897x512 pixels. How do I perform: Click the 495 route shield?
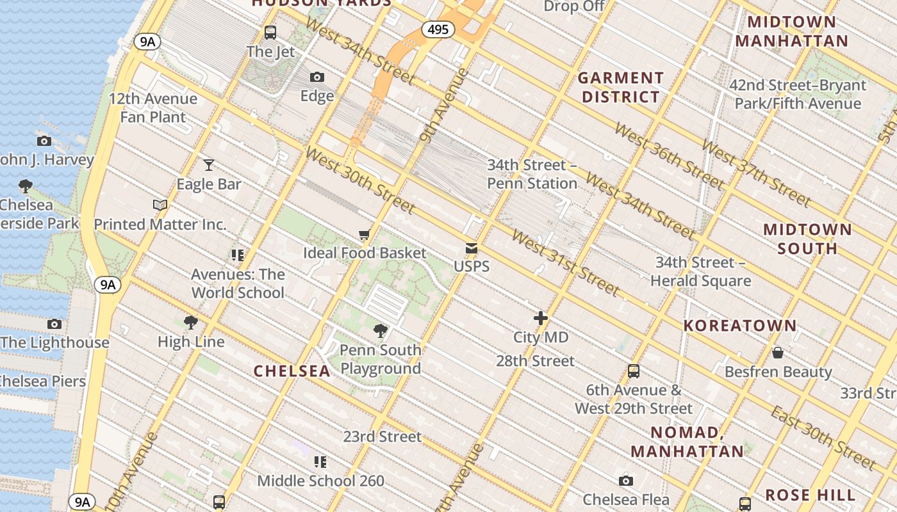[x=438, y=29]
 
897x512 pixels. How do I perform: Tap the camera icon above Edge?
[x=317, y=77]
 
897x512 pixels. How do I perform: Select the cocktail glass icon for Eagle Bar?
[x=208, y=165]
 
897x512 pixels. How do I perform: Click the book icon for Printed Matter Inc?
[x=160, y=205]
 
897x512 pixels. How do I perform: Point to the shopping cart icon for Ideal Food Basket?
[x=364, y=235]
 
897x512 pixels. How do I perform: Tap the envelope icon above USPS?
[x=472, y=248]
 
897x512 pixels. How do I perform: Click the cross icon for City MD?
[x=541, y=318]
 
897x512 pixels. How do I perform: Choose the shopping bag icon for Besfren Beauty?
[x=778, y=353]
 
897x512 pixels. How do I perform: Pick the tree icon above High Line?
[x=190, y=323]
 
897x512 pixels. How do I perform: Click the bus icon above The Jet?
[x=270, y=32]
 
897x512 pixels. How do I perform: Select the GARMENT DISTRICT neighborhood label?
[x=620, y=88]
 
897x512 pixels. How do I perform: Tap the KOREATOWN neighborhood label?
[x=739, y=326]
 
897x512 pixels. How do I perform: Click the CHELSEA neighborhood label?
[x=292, y=371]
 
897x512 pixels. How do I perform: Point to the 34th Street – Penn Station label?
[x=532, y=174]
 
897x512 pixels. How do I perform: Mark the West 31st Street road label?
[x=565, y=264]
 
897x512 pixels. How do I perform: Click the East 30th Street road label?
[x=823, y=438]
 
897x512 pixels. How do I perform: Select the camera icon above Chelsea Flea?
[x=626, y=481]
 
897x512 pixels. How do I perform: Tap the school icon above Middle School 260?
[x=320, y=461]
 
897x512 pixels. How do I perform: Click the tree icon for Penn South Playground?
[x=380, y=331]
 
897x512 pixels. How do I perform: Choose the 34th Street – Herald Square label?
[x=700, y=271]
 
